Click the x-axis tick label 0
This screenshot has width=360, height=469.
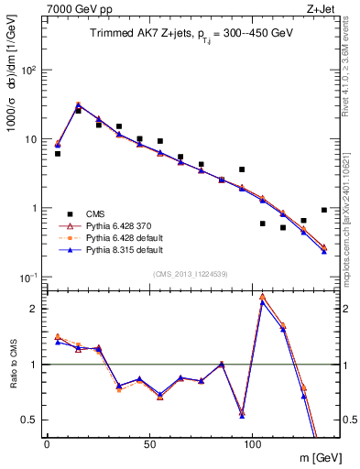point(47,443)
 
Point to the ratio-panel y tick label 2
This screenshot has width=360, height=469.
point(33,309)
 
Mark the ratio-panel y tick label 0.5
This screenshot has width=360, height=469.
point(29,420)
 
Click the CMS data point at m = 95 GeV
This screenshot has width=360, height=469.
point(242,169)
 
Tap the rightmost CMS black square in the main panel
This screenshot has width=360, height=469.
point(324,210)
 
